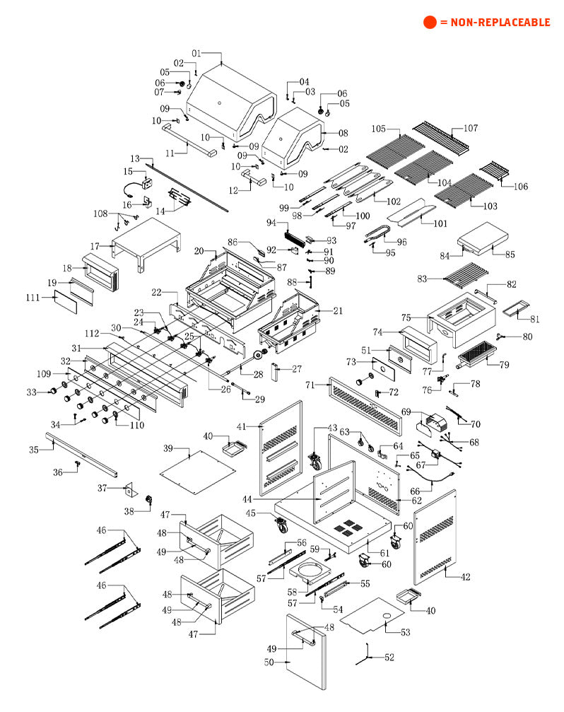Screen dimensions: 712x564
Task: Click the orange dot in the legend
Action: (x=430, y=23)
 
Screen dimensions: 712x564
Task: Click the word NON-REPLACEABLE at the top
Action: (x=495, y=23)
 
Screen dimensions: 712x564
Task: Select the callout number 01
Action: (x=196, y=54)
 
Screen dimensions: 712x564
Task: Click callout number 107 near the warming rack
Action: (x=471, y=129)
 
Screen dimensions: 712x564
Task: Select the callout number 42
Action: (x=464, y=578)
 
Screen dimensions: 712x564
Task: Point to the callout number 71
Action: (x=310, y=385)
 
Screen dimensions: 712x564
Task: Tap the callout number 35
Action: (x=33, y=449)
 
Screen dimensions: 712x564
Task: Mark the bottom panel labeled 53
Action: (x=375, y=615)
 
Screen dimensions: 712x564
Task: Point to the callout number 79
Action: (x=504, y=365)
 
